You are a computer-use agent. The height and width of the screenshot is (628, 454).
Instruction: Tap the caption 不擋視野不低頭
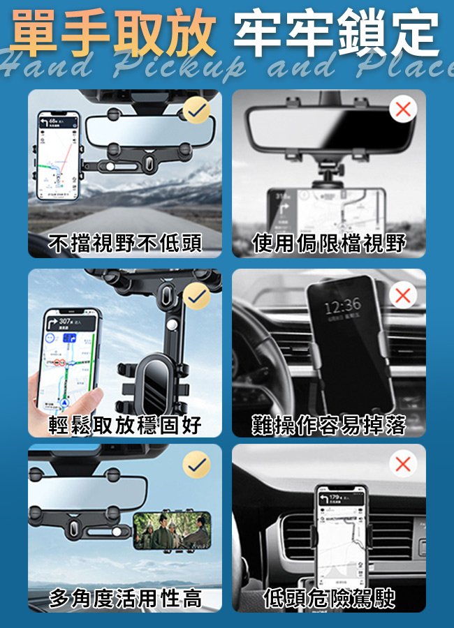click(125, 243)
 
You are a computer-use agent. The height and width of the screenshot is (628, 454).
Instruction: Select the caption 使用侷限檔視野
click(329, 243)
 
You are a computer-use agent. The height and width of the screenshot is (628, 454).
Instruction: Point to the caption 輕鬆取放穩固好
click(125, 424)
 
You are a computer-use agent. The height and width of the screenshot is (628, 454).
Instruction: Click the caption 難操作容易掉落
click(329, 424)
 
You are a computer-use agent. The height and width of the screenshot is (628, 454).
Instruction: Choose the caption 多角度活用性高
click(125, 598)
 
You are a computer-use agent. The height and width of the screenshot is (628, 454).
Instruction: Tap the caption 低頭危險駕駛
click(329, 598)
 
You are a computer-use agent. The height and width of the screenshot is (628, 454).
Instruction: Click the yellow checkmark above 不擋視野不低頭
click(197, 110)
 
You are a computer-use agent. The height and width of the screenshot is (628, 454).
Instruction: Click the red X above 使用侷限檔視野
click(402, 109)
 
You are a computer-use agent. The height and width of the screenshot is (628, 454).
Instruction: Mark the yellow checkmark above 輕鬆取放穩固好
click(198, 296)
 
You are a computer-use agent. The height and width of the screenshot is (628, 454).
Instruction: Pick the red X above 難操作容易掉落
click(402, 295)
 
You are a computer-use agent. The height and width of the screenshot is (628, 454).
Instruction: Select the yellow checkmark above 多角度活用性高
click(197, 465)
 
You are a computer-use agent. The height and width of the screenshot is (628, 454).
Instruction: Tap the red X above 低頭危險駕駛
click(402, 464)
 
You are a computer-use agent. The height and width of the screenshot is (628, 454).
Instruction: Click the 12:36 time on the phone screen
click(343, 305)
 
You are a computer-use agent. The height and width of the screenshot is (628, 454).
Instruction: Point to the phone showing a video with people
click(172, 532)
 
